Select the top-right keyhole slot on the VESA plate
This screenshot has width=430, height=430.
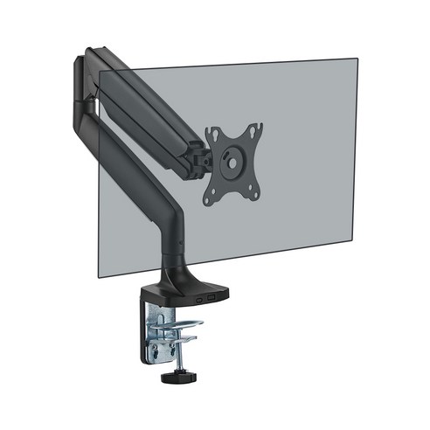point(256,129)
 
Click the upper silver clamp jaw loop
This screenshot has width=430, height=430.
point(179,325)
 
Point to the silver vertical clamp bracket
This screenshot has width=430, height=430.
point(146,336)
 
